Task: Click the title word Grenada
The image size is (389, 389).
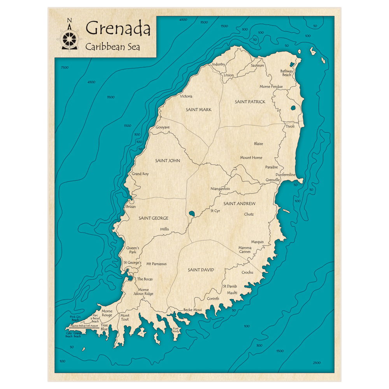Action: click(117, 28)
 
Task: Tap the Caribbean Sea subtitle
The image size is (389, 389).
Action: click(113, 46)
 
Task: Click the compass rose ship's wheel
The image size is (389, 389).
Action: click(70, 39)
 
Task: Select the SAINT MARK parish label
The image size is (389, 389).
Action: click(198, 110)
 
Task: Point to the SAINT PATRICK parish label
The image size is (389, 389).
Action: click(250, 102)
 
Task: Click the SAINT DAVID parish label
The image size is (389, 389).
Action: click(201, 270)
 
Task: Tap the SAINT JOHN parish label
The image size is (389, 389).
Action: click(167, 161)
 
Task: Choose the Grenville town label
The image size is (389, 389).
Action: click(273, 180)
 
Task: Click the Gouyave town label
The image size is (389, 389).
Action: click(163, 127)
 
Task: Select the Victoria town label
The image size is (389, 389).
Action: click(186, 96)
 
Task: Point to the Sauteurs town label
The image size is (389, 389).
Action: click(257, 65)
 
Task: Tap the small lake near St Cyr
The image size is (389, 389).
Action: click(191, 213)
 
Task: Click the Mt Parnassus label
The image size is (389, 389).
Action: click(156, 264)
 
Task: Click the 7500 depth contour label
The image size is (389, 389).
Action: click(64, 68)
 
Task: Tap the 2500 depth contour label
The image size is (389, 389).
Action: click(317, 363)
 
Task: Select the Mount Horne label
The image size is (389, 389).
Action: click(251, 158)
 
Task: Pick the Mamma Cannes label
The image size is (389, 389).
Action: click(245, 250)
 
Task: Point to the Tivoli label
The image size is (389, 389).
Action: click(290, 126)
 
